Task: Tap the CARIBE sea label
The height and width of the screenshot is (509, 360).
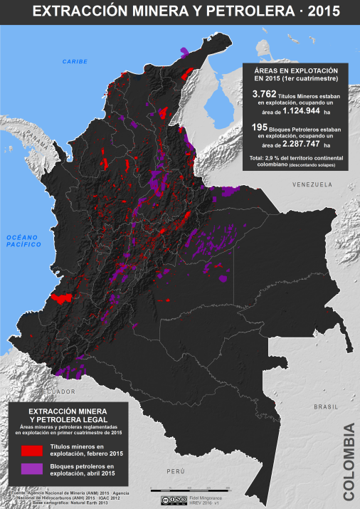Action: coord(74,62)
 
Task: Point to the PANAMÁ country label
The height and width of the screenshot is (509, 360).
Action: coord(31,135)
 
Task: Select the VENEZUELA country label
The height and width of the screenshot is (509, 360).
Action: coord(312,184)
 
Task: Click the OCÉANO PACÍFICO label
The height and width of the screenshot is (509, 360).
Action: coord(21,240)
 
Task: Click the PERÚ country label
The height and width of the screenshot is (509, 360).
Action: coord(176,472)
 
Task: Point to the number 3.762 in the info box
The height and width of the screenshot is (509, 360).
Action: coord(265,94)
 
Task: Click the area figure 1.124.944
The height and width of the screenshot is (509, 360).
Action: coord(302,112)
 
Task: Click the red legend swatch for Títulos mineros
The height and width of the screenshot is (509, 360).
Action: coord(31,450)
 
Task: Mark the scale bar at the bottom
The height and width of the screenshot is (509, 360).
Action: coord(190,489)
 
